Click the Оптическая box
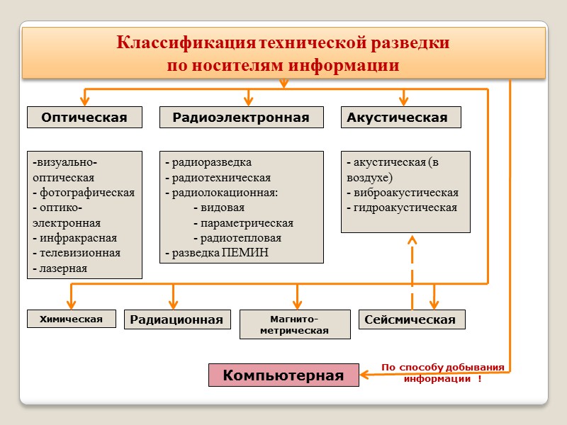coord(84,118)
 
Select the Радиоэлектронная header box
coord(241,118)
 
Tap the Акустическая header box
coord(400,118)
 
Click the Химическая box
coord(71,319)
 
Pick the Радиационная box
coord(177,320)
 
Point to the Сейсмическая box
coord(412,320)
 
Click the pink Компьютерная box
coord(283,375)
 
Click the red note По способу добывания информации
coord(442,373)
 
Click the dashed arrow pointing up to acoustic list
coord(412,269)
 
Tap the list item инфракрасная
coord(78,238)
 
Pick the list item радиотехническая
coord(220,178)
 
